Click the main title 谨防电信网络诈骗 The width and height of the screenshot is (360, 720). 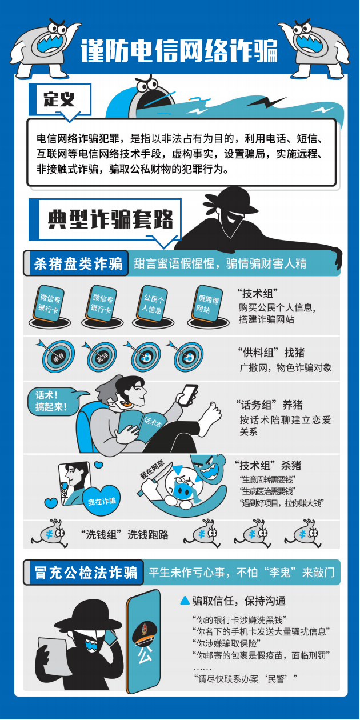pos(179,51)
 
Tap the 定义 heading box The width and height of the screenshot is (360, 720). pos(60,99)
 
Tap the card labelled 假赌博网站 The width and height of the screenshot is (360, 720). pos(207,304)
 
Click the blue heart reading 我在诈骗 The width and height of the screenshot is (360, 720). pos(102,501)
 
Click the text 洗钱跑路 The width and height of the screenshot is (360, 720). pos(148,534)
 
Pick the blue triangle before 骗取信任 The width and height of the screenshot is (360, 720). pos(185,601)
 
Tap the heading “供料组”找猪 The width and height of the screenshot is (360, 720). pos(271,353)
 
